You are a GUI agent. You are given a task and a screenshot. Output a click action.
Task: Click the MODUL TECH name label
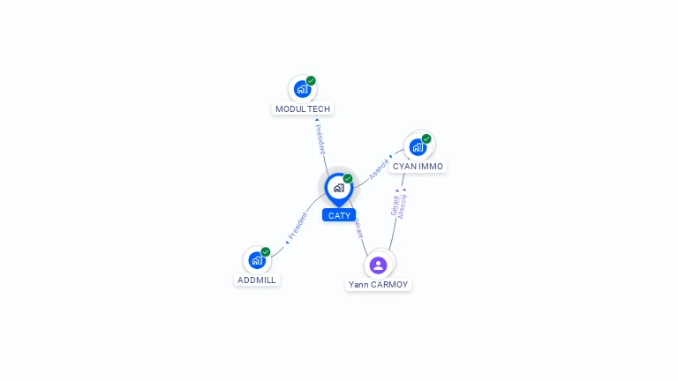click(x=303, y=109)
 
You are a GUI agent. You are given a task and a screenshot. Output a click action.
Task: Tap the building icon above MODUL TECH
click(x=302, y=89)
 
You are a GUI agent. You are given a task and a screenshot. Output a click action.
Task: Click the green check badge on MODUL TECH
click(x=311, y=81)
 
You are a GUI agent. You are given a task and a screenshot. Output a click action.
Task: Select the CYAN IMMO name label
click(x=418, y=167)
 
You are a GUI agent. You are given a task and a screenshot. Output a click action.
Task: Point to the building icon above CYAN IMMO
click(x=418, y=146)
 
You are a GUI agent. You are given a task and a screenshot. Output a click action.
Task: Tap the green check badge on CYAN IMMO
click(x=426, y=138)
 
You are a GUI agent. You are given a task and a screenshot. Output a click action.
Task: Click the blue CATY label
click(x=339, y=215)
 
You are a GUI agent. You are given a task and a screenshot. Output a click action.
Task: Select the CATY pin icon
click(x=339, y=188)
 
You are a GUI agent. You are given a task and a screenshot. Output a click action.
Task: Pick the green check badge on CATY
click(x=348, y=179)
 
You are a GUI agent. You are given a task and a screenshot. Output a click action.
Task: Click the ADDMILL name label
click(x=257, y=280)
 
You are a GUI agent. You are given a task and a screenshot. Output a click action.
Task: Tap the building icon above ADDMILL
click(x=256, y=260)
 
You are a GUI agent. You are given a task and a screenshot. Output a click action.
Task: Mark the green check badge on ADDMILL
click(x=266, y=252)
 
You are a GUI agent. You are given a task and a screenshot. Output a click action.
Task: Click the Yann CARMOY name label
click(x=378, y=285)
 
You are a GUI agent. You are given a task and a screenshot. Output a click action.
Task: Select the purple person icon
click(x=378, y=265)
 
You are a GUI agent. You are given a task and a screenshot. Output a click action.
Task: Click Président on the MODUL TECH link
click(x=320, y=138)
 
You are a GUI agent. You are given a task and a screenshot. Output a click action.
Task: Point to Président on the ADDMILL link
click(x=298, y=227)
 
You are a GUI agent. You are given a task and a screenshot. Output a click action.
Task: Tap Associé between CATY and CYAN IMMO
click(x=380, y=168)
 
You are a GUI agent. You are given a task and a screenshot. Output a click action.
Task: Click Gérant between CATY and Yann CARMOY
click(x=358, y=229)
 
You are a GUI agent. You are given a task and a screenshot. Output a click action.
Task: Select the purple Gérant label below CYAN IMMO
click(x=395, y=205)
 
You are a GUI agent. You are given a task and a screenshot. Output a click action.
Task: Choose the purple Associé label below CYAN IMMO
click(x=403, y=205)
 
